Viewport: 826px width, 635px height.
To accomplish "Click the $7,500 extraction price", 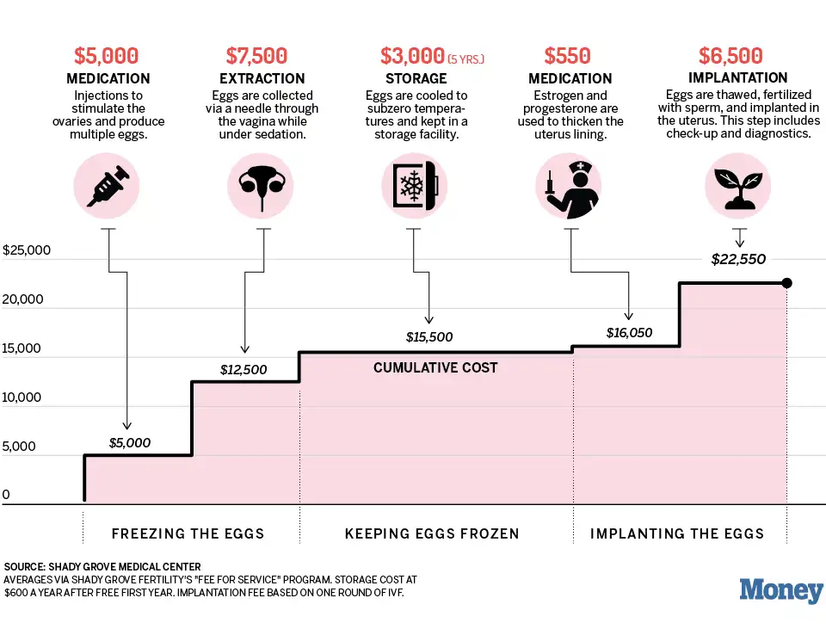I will [x=256, y=56].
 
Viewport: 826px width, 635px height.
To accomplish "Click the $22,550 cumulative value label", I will [x=738, y=258].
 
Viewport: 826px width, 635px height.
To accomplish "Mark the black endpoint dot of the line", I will [x=786, y=283].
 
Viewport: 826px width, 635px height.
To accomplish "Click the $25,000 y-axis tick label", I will [x=28, y=251].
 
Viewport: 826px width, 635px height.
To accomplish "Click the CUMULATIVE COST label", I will [x=435, y=367].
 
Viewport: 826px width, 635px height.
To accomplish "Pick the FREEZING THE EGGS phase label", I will [x=188, y=533].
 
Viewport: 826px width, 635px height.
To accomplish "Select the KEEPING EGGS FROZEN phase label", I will [x=432, y=533].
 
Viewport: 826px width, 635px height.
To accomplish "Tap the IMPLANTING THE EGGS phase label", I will [x=677, y=533].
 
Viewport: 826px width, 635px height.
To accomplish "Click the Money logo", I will [x=781, y=591].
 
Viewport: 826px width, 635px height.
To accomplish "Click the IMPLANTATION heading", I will [x=738, y=78].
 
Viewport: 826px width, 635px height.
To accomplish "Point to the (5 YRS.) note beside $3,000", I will [x=465, y=59].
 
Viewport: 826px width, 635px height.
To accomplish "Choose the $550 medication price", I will [x=568, y=56].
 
